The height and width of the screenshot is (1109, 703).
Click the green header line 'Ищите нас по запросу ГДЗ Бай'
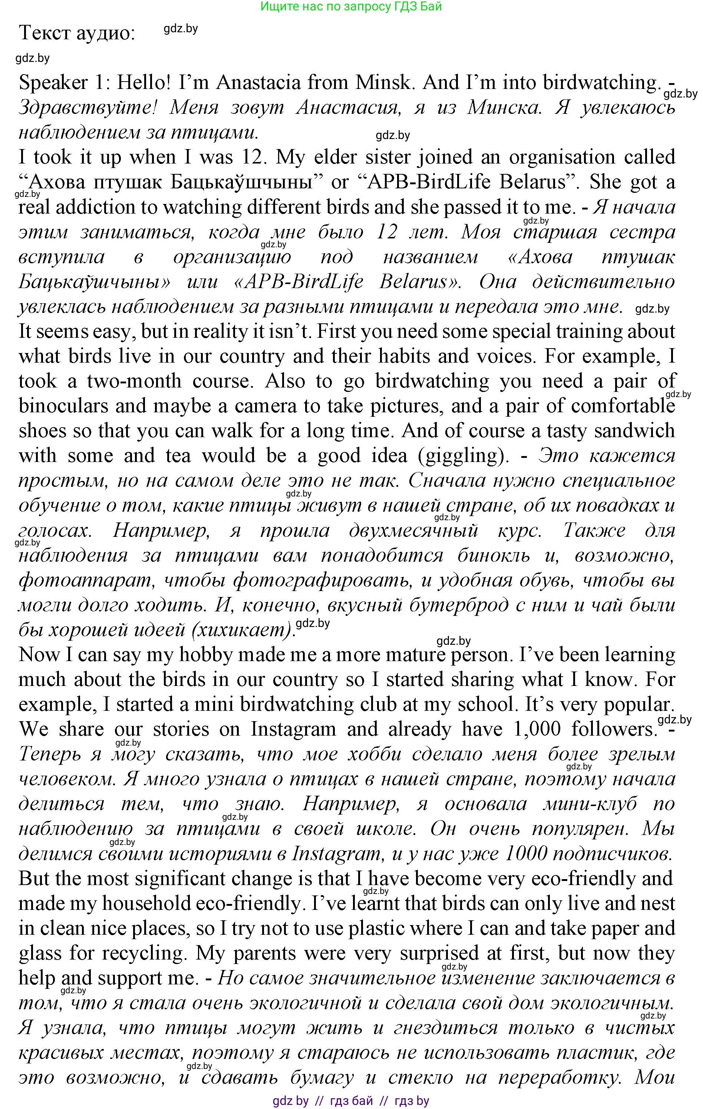(351, 6)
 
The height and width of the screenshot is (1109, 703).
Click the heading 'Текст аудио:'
(77, 33)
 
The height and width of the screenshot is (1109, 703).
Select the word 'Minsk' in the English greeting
(382, 82)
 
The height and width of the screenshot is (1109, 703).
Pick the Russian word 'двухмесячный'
(413, 531)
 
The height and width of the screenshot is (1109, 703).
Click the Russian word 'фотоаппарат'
(85, 580)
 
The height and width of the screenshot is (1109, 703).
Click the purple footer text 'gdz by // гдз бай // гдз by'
(351, 1101)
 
